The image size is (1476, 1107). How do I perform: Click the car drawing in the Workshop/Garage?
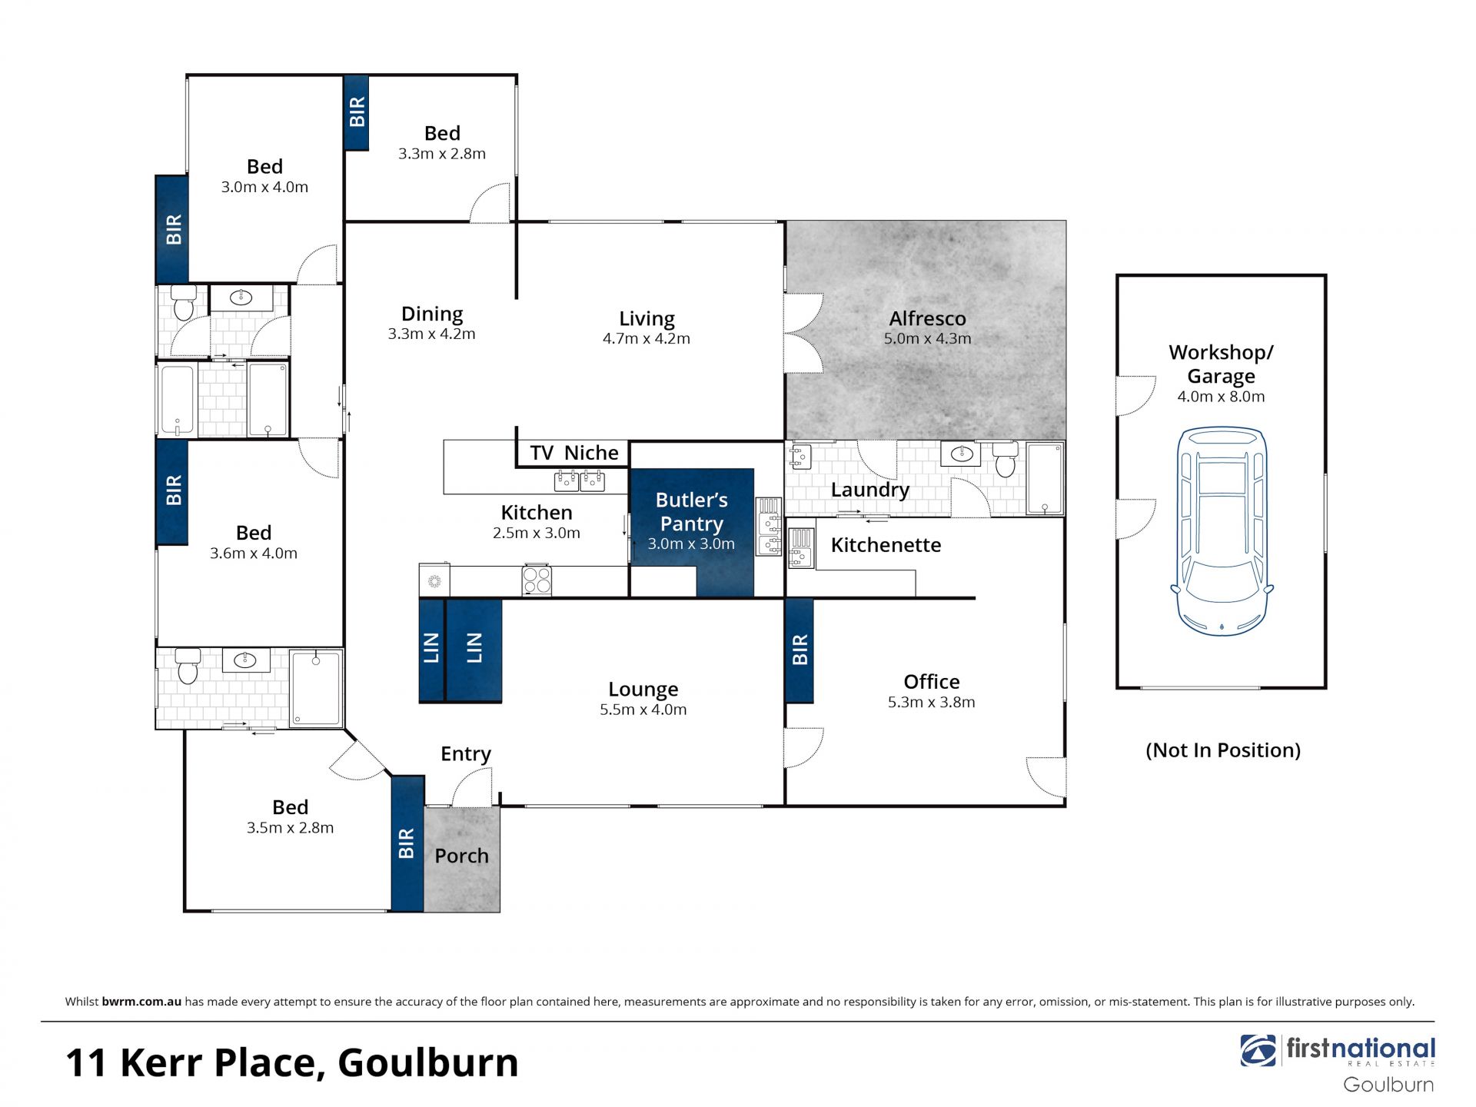(x=1222, y=531)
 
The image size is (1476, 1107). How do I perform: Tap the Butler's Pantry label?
(x=691, y=512)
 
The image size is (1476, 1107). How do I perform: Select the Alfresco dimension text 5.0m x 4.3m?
(x=927, y=338)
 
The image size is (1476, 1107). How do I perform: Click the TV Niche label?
(x=573, y=453)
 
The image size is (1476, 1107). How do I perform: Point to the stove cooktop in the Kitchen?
(x=537, y=580)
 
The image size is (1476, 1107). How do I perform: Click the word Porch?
(x=461, y=856)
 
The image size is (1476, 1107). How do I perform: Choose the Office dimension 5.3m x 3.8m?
(x=931, y=702)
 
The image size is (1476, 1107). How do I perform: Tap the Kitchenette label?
(x=886, y=545)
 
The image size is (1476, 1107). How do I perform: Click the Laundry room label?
(x=869, y=490)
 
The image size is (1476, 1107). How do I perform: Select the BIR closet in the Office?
(x=799, y=650)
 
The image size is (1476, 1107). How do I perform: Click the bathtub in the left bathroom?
(x=177, y=401)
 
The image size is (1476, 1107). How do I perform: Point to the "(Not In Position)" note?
(x=1223, y=750)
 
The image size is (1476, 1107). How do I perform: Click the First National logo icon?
(x=1258, y=1050)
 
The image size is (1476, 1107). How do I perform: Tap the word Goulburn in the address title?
(x=428, y=1062)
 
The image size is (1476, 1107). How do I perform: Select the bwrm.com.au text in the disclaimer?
(x=141, y=1002)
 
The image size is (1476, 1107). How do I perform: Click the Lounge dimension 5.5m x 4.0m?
(x=643, y=710)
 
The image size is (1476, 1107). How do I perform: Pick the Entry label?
(x=466, y=754)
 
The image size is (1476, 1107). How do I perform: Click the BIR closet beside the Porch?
(x=407, y=844)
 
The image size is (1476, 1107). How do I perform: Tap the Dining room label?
(x=432, y=314)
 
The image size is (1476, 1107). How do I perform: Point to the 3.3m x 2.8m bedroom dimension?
(x=442, y=154)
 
